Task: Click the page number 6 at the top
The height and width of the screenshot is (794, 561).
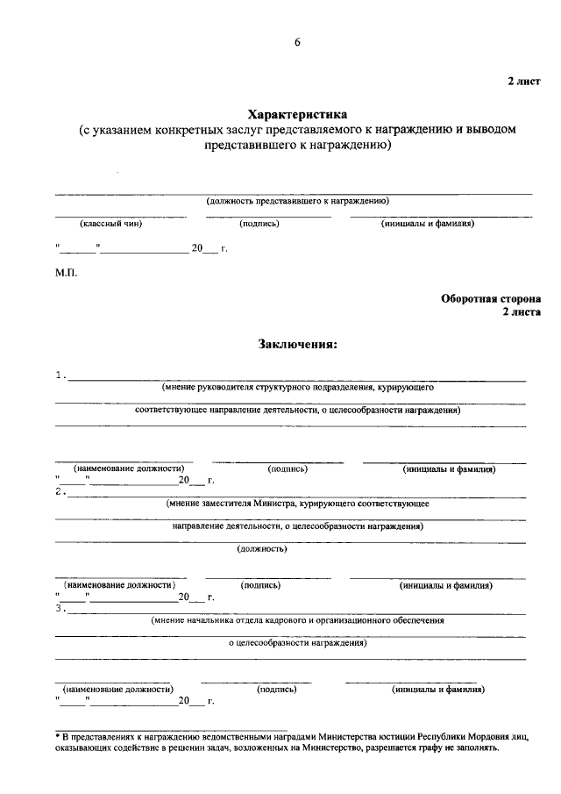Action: pyautogui.click(x=297, y=43)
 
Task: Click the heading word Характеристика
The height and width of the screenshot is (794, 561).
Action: pyautogui.click(x=297, y=114)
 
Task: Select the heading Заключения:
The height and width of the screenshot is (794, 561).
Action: pyautogui.click(x=297, y=344)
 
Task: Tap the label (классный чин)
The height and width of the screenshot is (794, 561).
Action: pyautogui.click(x=110, y=224)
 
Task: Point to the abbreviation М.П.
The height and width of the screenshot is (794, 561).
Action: pyautogui.click(x=67, y=274)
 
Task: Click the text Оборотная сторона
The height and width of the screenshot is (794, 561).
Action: pyautogui.click(x=491, y=297)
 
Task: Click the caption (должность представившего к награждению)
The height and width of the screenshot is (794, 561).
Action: pyautogui.click(x=297, y=201)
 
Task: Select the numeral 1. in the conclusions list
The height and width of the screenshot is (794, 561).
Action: pyautogui.click(x=60, y=376)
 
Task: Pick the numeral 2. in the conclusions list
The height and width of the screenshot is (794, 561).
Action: pyautogui.click(x=60, y=491)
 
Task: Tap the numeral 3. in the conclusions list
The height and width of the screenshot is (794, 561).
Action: pyautogui.click(x=60, y=607)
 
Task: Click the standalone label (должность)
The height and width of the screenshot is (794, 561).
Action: pyautogui.click(x=262, y=550)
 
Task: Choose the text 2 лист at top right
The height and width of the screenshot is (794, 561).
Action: pyautogui.click(x=523, y=81)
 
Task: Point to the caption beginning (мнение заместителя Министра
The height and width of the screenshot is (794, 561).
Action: pyautogui.click(x=296, y=504)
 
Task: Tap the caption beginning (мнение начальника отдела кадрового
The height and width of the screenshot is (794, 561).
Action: pyautogui.click(x=296, y=619)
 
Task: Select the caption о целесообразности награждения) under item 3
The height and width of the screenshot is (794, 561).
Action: pyautogui.click(x=296, y=643)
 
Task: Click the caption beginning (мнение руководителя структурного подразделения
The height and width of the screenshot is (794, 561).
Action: pyautogui.click(x=296, y=387)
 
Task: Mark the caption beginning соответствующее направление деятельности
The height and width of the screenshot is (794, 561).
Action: pyautogui.click(x=298, y=410)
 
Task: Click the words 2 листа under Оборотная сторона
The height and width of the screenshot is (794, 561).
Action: pyautogui.click(x=521, y=311)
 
